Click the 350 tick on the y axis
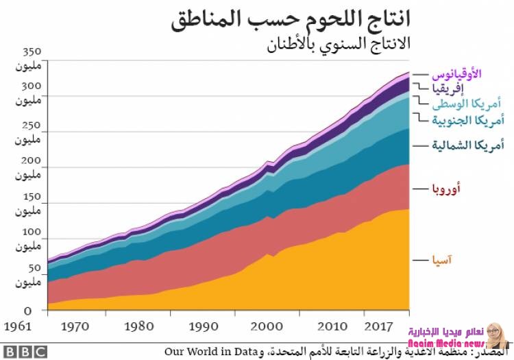coord(32,52)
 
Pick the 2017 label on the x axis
coord(378,326)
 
